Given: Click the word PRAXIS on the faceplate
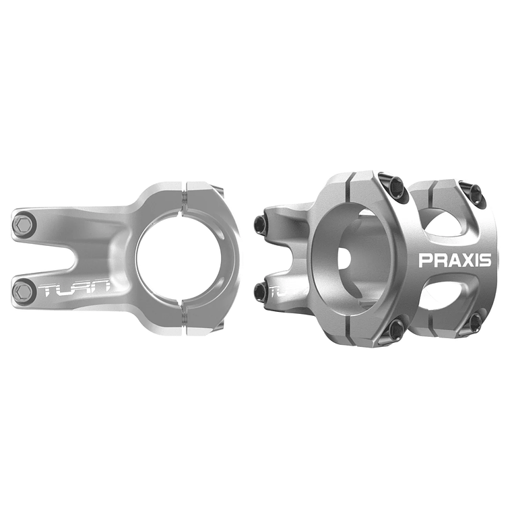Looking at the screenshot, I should (455, 260).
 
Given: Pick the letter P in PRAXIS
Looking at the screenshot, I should (425, 260).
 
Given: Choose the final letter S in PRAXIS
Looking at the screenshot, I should (485, 260).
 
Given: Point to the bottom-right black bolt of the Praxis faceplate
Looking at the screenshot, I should (474, 321).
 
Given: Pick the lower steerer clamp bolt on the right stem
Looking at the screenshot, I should (260, 291).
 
